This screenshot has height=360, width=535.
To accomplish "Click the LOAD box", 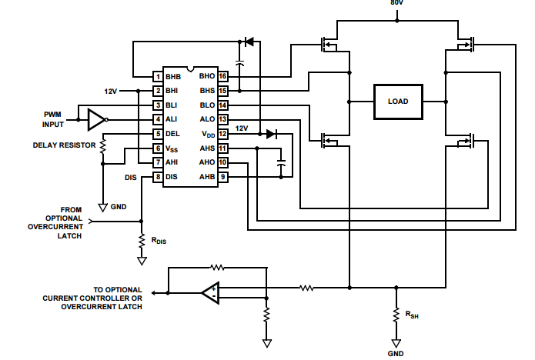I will click(398, 102).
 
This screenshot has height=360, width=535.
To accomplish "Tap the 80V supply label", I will click(396, 3).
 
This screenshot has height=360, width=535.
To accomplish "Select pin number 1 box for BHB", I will click(157, 77).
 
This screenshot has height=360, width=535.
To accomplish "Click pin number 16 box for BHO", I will click(222, 76).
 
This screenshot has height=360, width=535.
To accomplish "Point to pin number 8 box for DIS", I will click(157, 177).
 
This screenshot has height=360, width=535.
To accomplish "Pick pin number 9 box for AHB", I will click(222, 177).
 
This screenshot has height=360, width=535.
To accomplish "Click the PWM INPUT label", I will click(54, 118).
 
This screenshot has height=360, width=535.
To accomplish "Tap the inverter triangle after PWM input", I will click(96, 119).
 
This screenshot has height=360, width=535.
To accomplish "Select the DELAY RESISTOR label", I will click(65, 144).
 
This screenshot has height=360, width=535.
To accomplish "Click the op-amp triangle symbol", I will click(209, 292).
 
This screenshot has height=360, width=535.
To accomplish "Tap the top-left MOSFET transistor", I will click(329, 44).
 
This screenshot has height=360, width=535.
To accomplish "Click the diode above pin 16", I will click(249, 41).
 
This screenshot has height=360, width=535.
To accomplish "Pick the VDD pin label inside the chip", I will click(207, 134).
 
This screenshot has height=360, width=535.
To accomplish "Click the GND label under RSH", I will click(396, 354).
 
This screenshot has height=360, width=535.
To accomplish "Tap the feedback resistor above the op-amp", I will click(218, 268).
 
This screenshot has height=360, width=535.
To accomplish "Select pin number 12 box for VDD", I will click(222, 134).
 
